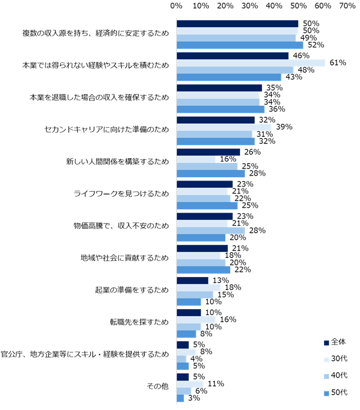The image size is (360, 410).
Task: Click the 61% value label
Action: click(x=338, y=63)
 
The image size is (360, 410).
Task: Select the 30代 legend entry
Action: click(x=335, y=359)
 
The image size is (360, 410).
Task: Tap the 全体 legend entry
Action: click(x=335, y=342)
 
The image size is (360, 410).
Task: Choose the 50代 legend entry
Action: click(x=335, y=392)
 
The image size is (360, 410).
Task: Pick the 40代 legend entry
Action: click(x=335, y=376)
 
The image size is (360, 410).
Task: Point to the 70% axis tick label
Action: click(x=347, y=6)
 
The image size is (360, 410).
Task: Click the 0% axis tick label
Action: click(x=176, y=6)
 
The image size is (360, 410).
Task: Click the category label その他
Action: click(x=158, y=387)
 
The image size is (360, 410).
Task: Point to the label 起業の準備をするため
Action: click(x=131, y=291)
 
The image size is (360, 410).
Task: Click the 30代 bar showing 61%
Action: click(x=250, y=63)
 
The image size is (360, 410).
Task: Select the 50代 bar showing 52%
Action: click(x=239, y=45)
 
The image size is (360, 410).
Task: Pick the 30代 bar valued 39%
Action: click(x=224, y=127)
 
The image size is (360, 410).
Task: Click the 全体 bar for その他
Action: click(x=182, y=377)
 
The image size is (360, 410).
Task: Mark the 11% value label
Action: click(x=215, y=384)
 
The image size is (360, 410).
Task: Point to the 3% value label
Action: click(x=193, y=399)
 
